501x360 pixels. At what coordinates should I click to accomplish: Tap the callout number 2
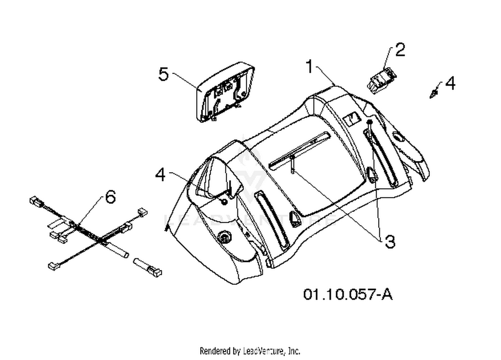(400, 50)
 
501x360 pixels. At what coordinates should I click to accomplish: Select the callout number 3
(390, 242)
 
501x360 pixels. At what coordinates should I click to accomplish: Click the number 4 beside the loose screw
(450, 83)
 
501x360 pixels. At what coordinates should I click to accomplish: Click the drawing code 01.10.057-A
(348, 294)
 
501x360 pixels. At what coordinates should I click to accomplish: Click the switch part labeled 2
(381, 80)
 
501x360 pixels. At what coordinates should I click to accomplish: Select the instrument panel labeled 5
(225, 92)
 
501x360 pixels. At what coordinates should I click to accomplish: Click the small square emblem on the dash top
(352, 119)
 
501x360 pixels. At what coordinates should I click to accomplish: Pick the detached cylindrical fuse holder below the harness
(147, 267)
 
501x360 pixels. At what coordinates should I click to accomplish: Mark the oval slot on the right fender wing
(398, 137)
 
